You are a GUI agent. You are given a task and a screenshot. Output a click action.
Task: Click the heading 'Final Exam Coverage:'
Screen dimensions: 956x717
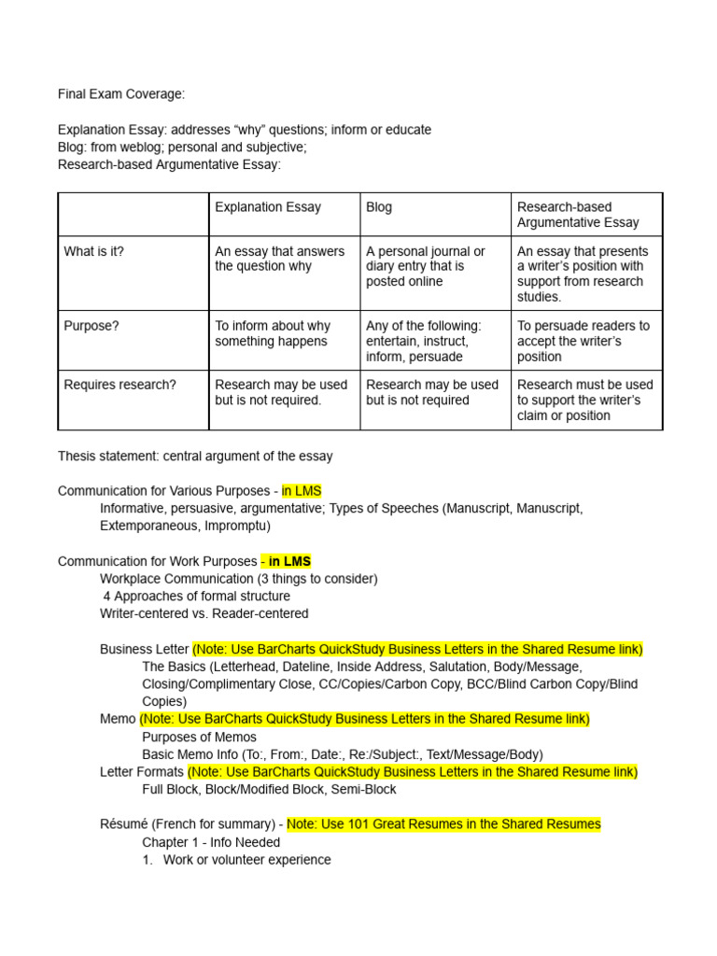tap(121, 93)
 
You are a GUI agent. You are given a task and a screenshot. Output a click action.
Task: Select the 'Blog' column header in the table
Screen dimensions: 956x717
tap(379, 207)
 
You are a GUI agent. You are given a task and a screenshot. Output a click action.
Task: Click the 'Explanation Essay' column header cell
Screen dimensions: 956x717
tap(268, 207)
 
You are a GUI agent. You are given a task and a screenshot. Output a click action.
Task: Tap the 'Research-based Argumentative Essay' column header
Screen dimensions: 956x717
tap(578, 215)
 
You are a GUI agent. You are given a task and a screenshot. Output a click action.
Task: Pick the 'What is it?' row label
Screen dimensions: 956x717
tap(93, 251)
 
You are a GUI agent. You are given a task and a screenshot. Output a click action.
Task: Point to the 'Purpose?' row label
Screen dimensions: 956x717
tap(91, 326)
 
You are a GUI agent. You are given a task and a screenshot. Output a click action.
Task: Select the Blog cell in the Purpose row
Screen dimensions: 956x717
tap(424, 341)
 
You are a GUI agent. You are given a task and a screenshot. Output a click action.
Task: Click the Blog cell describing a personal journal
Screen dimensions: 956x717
tap(426, 266)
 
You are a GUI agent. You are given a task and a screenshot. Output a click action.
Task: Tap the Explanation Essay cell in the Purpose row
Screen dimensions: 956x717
tap(273, 333)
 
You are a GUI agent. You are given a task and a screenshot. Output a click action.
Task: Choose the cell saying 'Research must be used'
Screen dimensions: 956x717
tap(585, 400)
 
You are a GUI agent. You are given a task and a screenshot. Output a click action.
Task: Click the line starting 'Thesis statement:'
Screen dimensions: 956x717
tap(195, 457)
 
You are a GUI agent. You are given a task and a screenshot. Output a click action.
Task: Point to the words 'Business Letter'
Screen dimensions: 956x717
tap(144, 649)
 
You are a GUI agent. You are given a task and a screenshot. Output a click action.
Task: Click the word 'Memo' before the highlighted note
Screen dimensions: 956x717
tap(118, 719)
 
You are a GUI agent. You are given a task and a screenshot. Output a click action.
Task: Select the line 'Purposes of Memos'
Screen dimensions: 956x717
tap(199, 737)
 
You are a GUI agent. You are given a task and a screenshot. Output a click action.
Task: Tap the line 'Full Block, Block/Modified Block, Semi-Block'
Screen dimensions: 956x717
tap(269, 789)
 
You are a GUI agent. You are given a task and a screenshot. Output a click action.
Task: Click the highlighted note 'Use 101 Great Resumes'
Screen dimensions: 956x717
tap(443, 824)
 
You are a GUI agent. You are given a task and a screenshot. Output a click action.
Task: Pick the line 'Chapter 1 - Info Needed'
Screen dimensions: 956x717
tap(211, 842)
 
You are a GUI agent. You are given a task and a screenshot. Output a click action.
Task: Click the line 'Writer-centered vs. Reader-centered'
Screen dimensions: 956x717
tap(204, 613)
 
